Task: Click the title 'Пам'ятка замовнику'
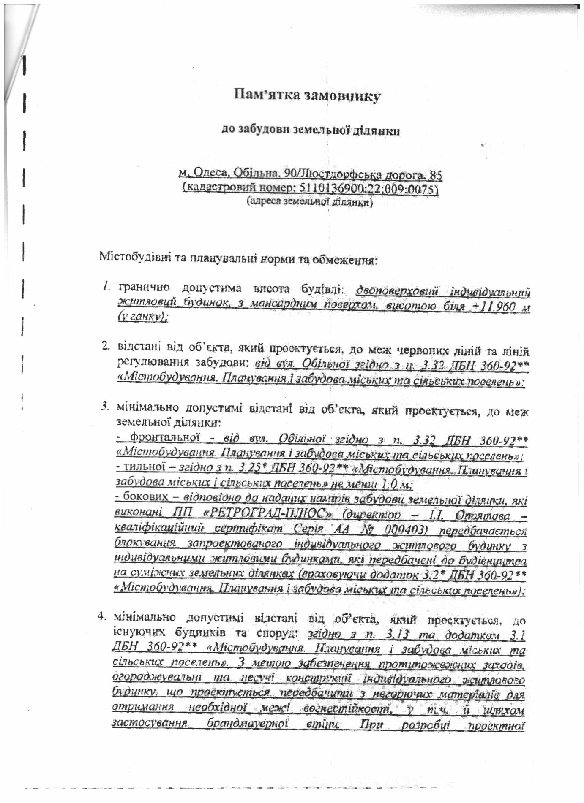(x=306, y=96)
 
